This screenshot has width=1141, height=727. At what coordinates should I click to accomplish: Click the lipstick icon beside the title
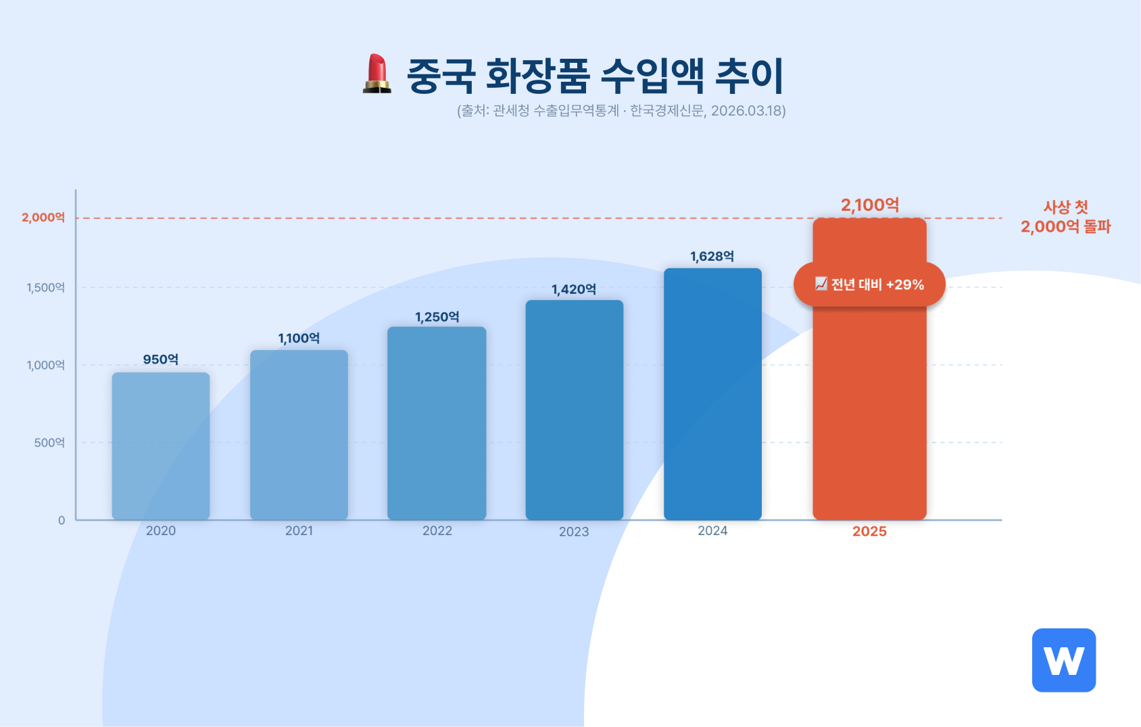pos(377,74)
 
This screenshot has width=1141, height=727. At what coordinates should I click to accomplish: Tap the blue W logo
pos(1063,660)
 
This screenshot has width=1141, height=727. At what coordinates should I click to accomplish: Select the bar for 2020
pos(161,446)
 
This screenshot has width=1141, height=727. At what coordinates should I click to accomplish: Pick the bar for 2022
pos(437,423)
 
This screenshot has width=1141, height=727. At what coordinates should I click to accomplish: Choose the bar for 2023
pos(575,409)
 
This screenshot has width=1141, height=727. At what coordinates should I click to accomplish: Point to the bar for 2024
pos(712,393)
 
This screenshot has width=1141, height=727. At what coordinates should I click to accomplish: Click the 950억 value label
pos(161,359)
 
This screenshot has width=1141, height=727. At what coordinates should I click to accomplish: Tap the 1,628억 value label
pos(712,257)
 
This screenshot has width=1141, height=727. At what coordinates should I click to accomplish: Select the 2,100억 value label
pos(869,205)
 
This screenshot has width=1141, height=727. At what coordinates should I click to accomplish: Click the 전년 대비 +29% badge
pos(869,284)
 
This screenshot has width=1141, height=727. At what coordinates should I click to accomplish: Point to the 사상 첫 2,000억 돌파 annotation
pos(1065,217)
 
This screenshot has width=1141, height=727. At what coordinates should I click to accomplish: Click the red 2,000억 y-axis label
pos(43,218)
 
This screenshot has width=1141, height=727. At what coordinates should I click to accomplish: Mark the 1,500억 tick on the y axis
pos(46,288)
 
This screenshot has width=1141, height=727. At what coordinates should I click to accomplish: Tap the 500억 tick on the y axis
pos(49,443)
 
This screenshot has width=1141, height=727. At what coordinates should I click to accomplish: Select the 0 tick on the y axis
pos(62,520)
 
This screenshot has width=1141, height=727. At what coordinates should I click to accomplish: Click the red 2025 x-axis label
pos(869,532)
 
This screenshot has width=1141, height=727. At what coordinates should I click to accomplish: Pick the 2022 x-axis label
pos(437,531)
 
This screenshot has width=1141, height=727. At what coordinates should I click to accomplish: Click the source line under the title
pos(621,111)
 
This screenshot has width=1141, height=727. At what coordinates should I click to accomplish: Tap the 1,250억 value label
pos(437,317)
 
